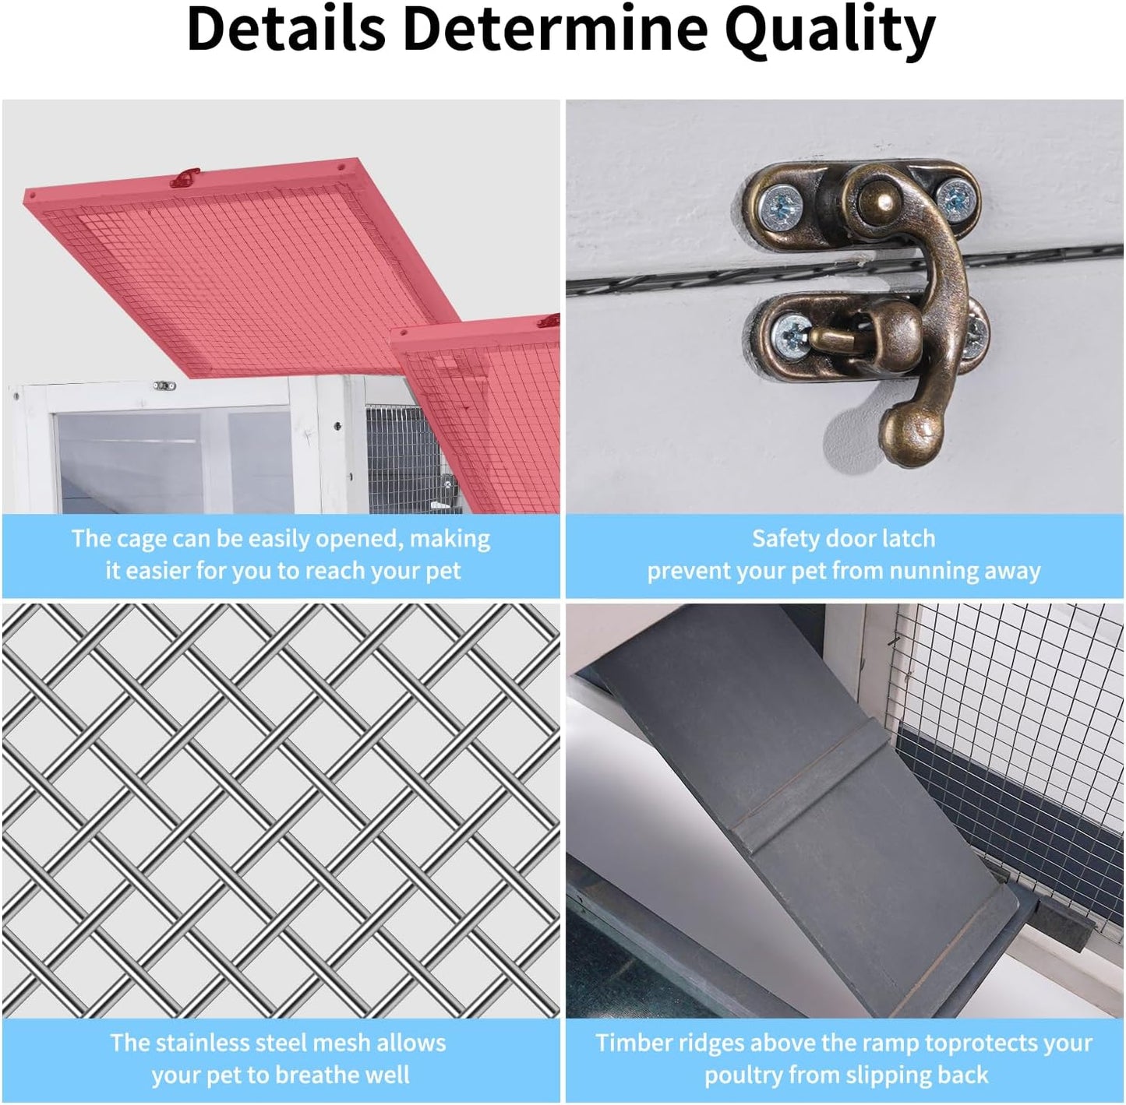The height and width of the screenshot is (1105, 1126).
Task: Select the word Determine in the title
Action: pos(556,30)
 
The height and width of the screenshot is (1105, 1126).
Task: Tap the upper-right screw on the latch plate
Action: pos(957,198)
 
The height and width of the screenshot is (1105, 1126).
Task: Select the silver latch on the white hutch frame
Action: pos(164,385)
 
